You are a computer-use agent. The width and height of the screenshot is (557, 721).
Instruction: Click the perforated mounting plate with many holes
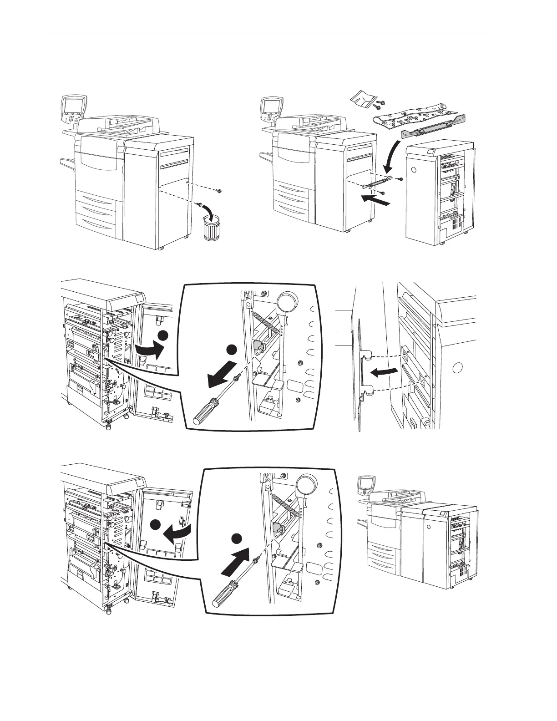coord(412,117)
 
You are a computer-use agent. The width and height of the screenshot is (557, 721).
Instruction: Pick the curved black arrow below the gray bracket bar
coord(392,157)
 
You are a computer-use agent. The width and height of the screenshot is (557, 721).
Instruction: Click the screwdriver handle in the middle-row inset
coord(203,411)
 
